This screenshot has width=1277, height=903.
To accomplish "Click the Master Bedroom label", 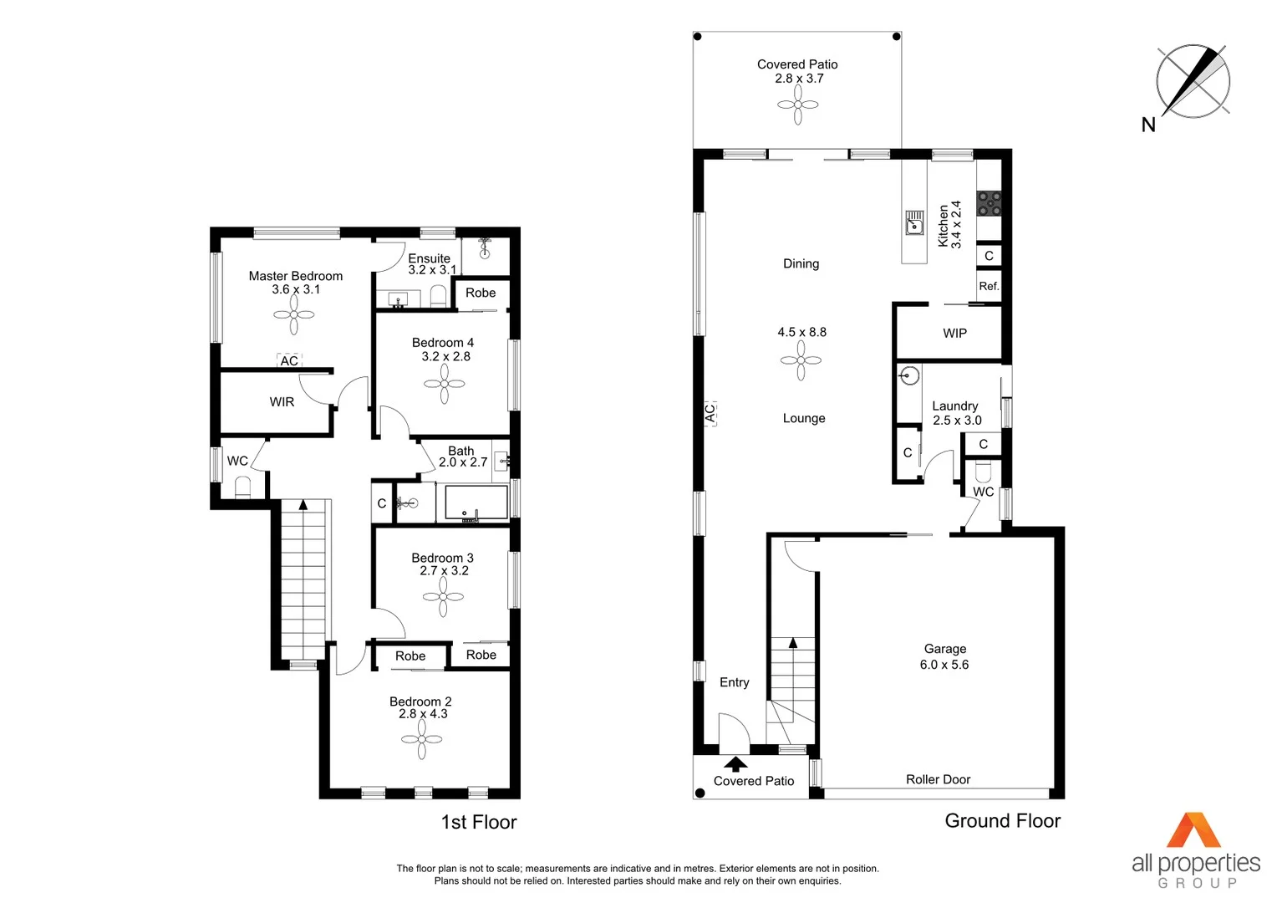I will coord(295,276).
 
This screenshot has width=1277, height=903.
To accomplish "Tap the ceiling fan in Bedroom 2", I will coord(421,740).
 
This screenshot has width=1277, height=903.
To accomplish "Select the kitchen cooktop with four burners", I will coord(990,203).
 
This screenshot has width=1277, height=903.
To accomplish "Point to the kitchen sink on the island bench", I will coord(914,223).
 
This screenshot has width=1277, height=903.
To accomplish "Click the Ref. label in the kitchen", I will coord(989,286).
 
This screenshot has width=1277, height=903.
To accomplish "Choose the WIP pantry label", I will coord(954,333).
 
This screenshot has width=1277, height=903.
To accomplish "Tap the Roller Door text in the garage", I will coord(938,779).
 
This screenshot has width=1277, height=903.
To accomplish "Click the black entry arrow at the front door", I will coord(735,763).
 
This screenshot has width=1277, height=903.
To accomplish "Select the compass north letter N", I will coord(1148,125).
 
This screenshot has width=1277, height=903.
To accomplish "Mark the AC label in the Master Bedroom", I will coord(289,361).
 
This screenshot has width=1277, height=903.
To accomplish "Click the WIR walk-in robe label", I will coord(282,402).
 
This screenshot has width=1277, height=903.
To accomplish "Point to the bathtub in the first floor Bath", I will coord(476,503).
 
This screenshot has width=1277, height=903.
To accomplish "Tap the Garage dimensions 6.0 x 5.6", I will coord(944,665).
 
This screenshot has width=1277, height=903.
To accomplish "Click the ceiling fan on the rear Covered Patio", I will coord(797,105).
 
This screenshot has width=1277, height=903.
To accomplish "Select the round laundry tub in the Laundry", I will coord(909,375).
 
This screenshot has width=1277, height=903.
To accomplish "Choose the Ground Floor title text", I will coord(1002,821).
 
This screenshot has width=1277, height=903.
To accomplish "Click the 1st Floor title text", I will coord(479,822).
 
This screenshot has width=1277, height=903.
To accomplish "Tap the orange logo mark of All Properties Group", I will coord(1193,830).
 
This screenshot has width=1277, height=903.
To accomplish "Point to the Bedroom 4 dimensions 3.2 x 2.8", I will coord(445,356).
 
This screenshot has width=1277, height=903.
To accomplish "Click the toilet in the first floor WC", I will coord(242,487).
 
